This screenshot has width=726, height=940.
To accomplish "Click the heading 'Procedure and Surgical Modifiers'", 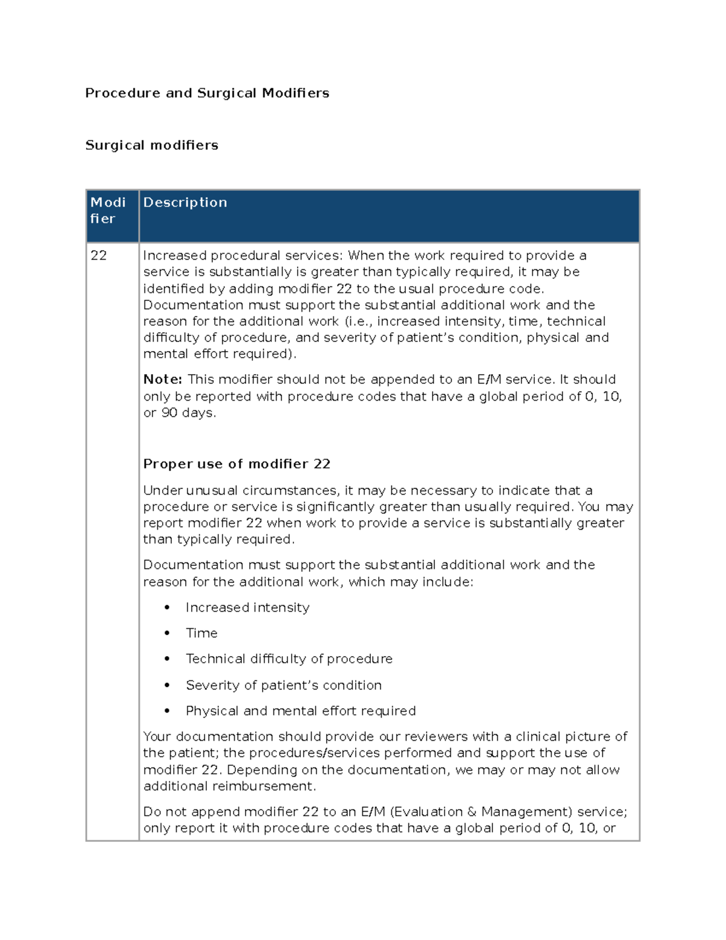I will (207, 93).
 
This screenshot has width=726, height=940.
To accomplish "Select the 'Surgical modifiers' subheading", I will (151, 145).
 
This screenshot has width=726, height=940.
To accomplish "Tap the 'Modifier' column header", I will (108, 210).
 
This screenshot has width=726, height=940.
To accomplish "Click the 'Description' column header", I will (185, 202).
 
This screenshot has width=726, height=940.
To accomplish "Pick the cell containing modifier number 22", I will (99, 255).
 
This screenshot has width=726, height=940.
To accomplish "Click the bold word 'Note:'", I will (162, 380).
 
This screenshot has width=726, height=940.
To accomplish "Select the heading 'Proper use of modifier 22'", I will (237, 464).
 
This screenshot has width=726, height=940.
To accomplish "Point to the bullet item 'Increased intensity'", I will (247, 608).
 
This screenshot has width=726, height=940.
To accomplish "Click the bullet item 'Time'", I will (201, 633).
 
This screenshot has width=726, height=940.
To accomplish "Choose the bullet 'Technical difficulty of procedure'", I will (289, 659).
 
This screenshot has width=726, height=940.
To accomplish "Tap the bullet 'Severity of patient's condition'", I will (283, 685).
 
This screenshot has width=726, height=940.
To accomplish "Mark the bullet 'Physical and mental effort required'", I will (301, 711).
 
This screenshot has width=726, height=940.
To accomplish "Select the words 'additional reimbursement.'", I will (229, 786).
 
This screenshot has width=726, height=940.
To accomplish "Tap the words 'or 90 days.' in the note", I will (180, 413).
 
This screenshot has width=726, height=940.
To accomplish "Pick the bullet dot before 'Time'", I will (167, 633).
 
